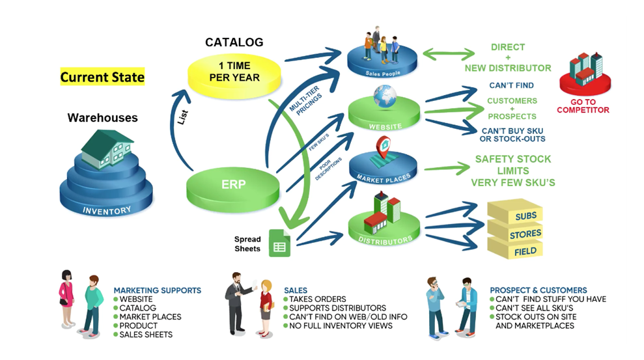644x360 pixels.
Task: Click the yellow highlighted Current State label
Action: tap(102, 77)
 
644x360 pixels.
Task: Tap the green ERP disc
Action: tap(233, 185)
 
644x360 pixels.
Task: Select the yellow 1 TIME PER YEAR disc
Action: tap(234, 72)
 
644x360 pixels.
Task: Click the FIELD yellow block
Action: tap(525, 251)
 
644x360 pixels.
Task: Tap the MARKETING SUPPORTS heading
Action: tap(157, 290)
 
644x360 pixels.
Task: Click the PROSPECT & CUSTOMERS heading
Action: tap(538, 290)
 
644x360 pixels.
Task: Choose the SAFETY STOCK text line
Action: tap(513, 159)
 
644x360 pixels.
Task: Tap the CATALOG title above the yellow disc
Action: tap(234, 42)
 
